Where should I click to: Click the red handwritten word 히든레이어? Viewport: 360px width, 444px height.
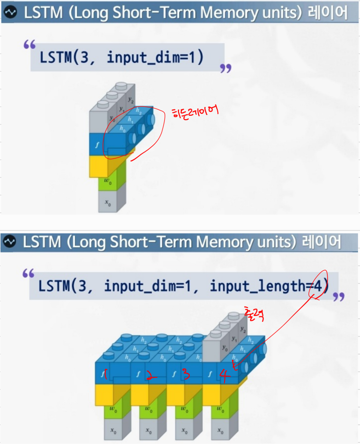pyautogui.click(x=195, y=113)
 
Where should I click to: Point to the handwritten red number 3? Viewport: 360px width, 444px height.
pyautogui.click(x=186, y=375)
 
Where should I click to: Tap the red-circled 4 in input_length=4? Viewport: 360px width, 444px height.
pyautogui.click(x=319, y=285)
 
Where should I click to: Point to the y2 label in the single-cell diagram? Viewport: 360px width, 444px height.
pyautogui.click(x=130, y=100)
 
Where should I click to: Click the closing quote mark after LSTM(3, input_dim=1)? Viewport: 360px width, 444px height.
pyautogui.click(x=225, y=68)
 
